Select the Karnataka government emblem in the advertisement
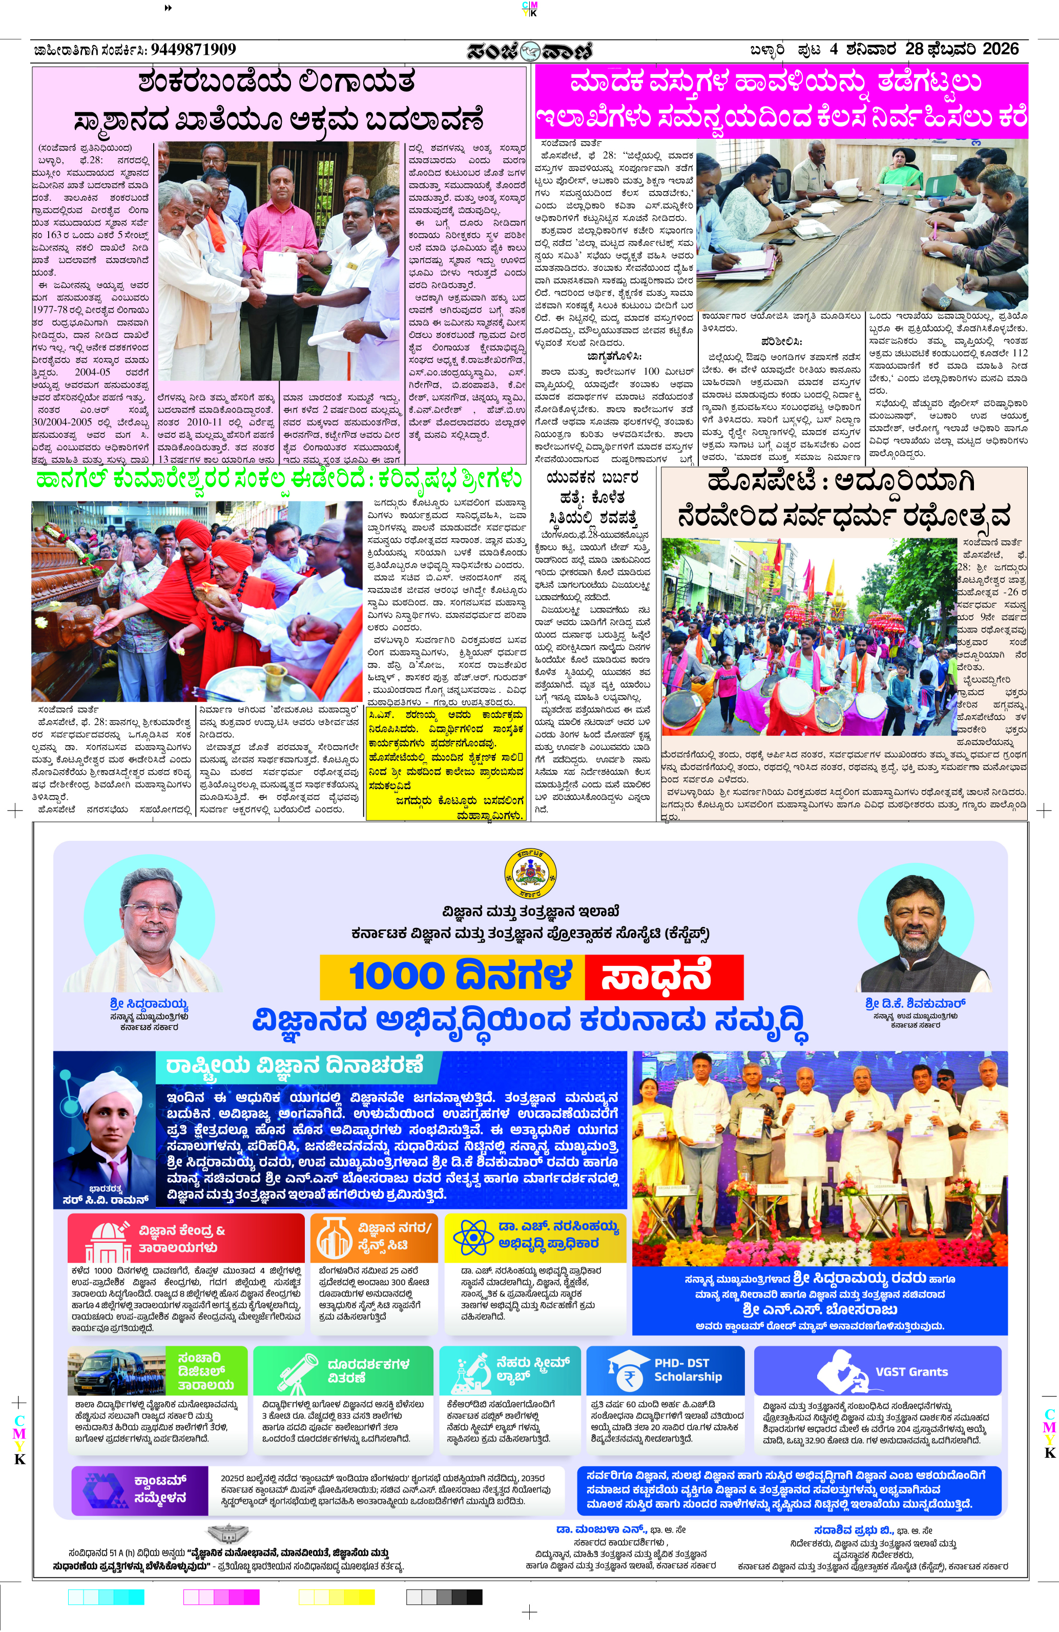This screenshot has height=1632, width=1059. (530, 874)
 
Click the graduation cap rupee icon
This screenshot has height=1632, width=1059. (626, 1371)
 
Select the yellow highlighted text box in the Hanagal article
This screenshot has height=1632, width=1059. (446, 763)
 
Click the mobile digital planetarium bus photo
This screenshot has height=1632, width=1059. (117, 1371)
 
